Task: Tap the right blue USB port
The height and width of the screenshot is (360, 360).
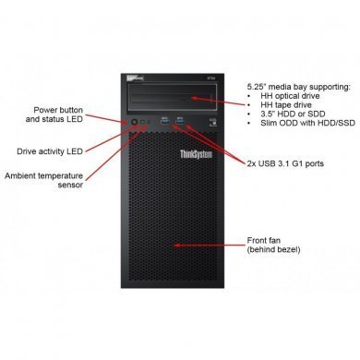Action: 180,119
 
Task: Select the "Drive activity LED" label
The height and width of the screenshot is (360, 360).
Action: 64,150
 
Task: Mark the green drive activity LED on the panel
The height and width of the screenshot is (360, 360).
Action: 146,121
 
